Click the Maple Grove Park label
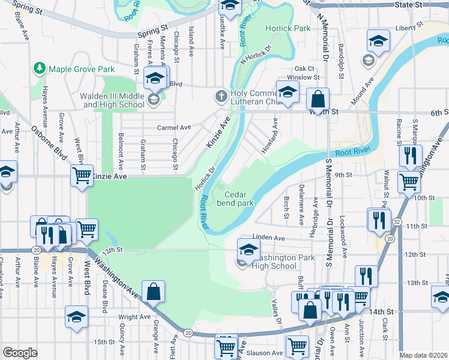[x=81, y=69]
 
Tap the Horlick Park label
[x=288, y=28]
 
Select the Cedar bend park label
[x=240, y=199]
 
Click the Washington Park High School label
[x=274, y=261]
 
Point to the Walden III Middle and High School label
[x=114, y=100]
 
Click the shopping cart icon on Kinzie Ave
[x=82, y=176]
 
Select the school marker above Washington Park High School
[x=249, y=249]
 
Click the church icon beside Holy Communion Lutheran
[x=221, y=95]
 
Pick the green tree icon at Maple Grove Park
[x=40, y=69]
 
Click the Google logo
[x=20, y=353]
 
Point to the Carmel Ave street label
[x=173, y=127]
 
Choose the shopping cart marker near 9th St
[x=409, y=181]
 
